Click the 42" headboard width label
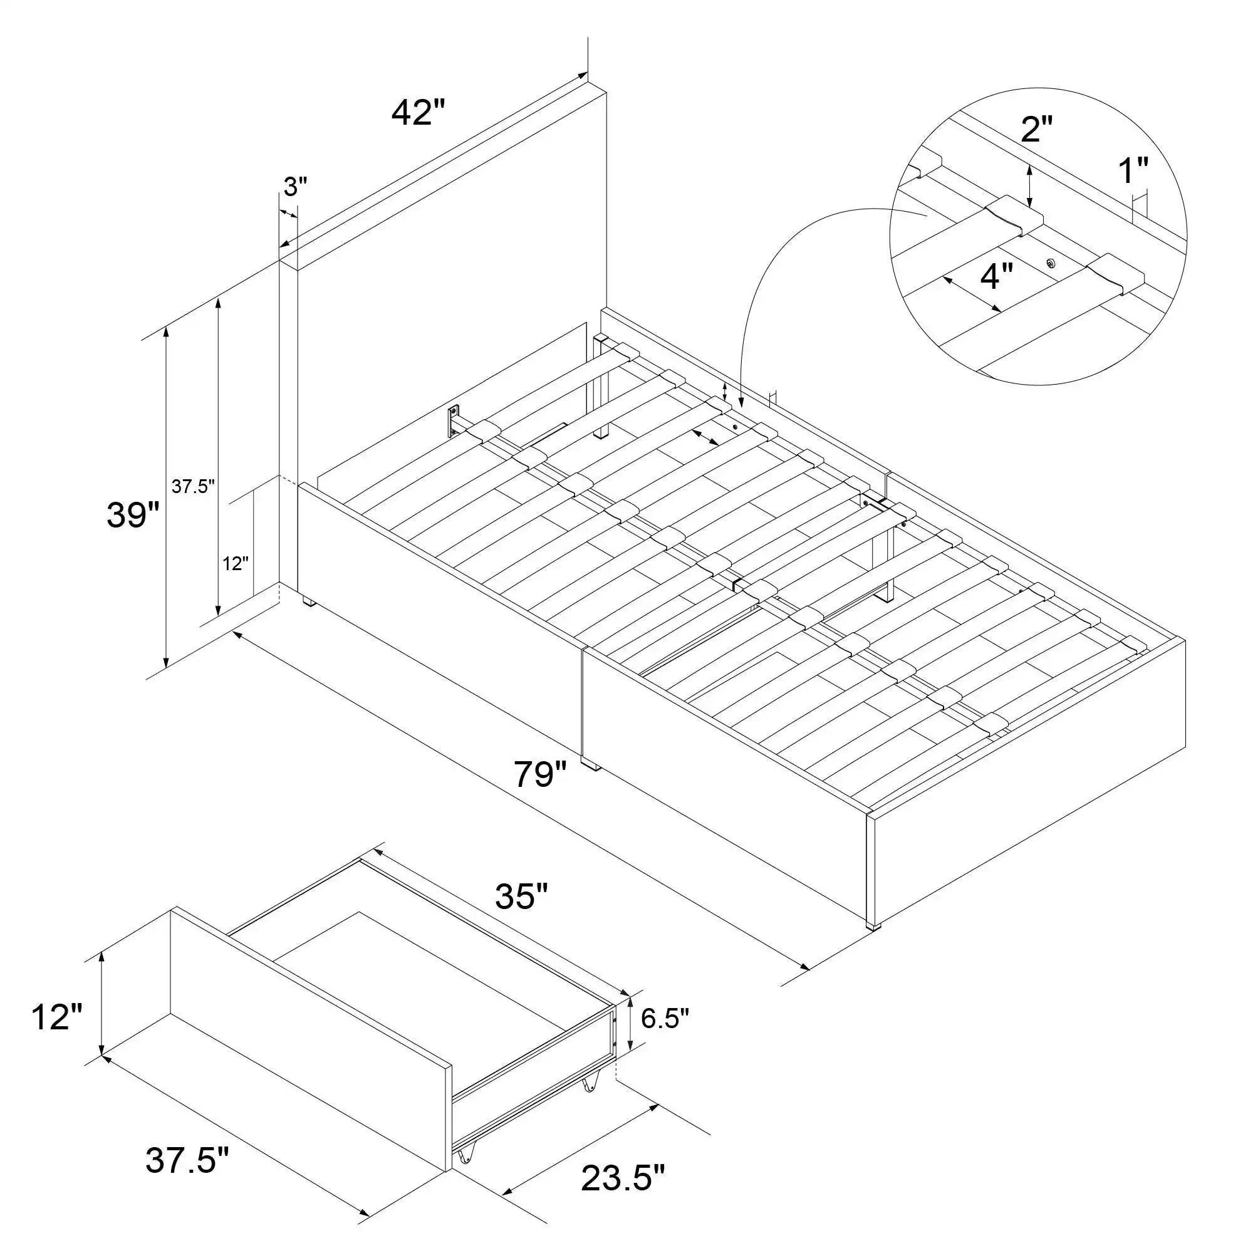[x=419, y=113]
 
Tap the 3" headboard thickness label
[x=295, y=187]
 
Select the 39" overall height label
[x=133, y=515]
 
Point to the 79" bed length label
[x=540, y=774]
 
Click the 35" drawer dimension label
[x=522, y=898]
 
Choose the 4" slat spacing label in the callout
[x=996, y=278]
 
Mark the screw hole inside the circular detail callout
[x=1051, y=263]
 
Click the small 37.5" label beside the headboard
[x=193, y=487]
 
